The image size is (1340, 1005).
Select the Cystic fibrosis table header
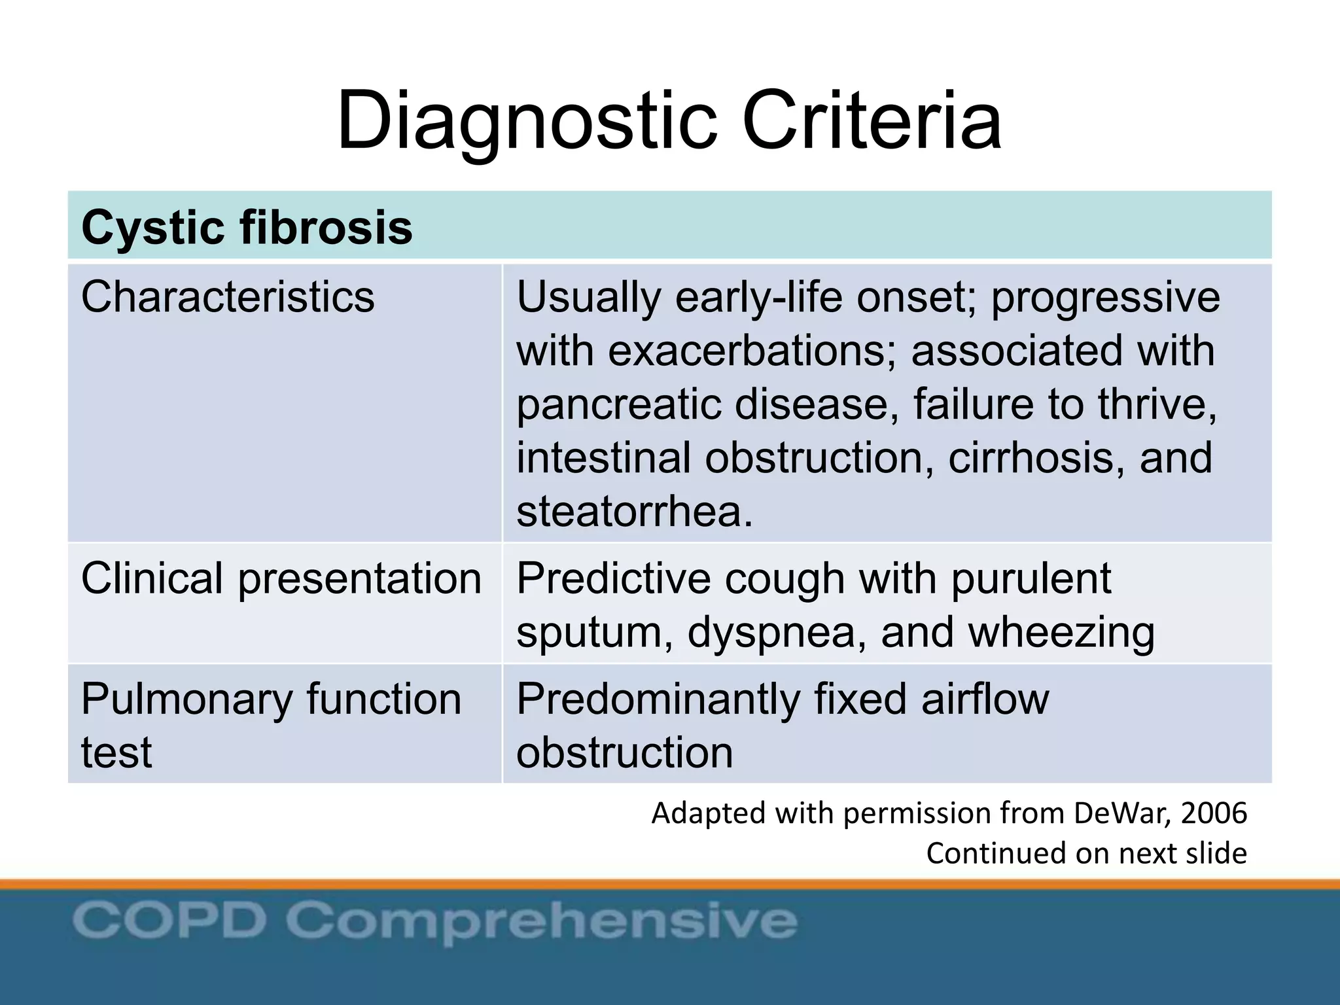coord(247,228)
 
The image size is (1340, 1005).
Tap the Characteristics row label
coord(228,297)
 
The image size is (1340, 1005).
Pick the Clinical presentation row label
coord(281,578)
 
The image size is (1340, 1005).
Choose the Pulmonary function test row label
coord(271,725)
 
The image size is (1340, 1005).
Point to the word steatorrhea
coord(635,511)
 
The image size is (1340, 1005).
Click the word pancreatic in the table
coord(618,404)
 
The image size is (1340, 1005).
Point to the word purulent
coord(1031,578)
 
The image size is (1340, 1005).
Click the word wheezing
coord(1061,633)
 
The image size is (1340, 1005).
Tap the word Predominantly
coord(658,699)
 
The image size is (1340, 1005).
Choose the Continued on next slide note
coord(1086,853)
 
